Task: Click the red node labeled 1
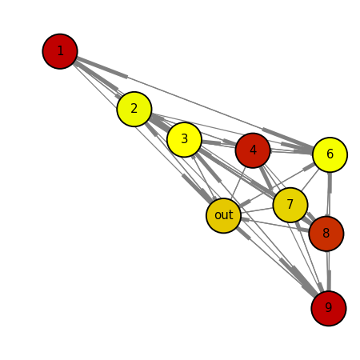click(x=60, y=51)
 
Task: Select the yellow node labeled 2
click(x=134, y=109)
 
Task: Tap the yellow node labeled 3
click(x=184, y=139)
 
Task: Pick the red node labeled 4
click(x=253, y=150)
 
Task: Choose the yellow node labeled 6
click(x=330, y=154)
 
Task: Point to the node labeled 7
click(x=290, y=205)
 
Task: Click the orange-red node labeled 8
click(x=326, y=234)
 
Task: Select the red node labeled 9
click(x=329, y=308)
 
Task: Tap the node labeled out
click(x=223, y=215)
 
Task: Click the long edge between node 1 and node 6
click(x=195, y=103)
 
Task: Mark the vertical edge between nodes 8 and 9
click(x=328, y=271)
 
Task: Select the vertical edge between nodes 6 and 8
click(x=329, y=194)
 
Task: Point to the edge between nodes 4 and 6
click(x=291, y=152)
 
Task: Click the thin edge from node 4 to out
click(x=238, y=183)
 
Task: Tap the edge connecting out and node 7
click(x=257, y=210)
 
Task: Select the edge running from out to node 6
click(x=277, y=185)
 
